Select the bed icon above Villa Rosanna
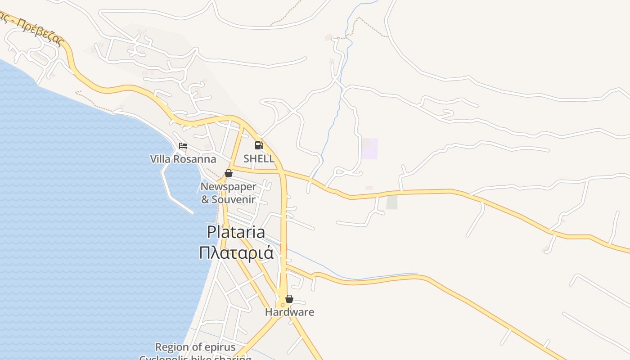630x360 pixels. pos(183,146)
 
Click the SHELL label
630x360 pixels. pos(259,158)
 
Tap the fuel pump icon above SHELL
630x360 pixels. pos(259,145)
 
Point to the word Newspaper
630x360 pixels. pos(228,187)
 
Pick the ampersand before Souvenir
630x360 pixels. pos(205,199)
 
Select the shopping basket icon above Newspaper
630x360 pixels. pos(229,173)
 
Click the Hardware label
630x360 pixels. pos(289,312)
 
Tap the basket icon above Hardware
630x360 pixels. pos(289,299)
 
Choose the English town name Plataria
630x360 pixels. pos(236,232)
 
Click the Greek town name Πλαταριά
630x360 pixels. pos(236,252)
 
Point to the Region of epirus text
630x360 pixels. pos(195,347)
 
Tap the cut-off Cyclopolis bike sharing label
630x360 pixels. pos(195,358)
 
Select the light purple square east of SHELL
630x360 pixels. pos(369,148)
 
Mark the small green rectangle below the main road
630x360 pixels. pos(392,202)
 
